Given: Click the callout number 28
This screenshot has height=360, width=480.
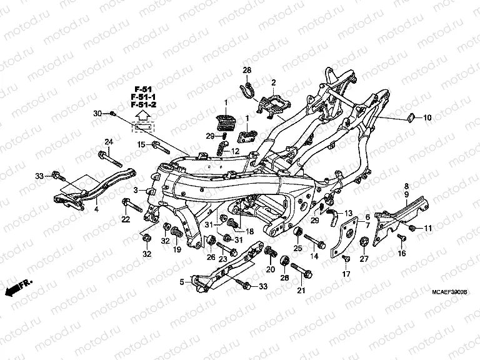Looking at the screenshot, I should pos(247,69).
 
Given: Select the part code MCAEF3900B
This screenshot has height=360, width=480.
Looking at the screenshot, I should pos(450,292).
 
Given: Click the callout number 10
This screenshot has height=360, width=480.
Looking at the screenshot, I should pos(427,117).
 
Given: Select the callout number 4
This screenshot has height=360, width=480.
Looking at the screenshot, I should pos(96,209).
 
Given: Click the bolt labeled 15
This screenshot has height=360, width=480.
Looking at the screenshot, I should pos(158,147).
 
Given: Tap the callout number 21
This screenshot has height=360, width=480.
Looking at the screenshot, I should pos(301,290).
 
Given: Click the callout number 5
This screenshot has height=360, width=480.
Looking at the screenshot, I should pos(182,282).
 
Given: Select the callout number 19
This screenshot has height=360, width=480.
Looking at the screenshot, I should pos(177,249).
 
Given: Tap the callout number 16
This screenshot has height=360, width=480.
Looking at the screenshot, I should pos(401,254).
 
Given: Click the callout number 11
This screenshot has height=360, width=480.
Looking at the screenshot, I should pos(428,228).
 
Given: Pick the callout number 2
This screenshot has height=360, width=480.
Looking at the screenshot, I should pos(273,82).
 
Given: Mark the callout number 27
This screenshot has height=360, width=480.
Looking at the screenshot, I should pos(364,259).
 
